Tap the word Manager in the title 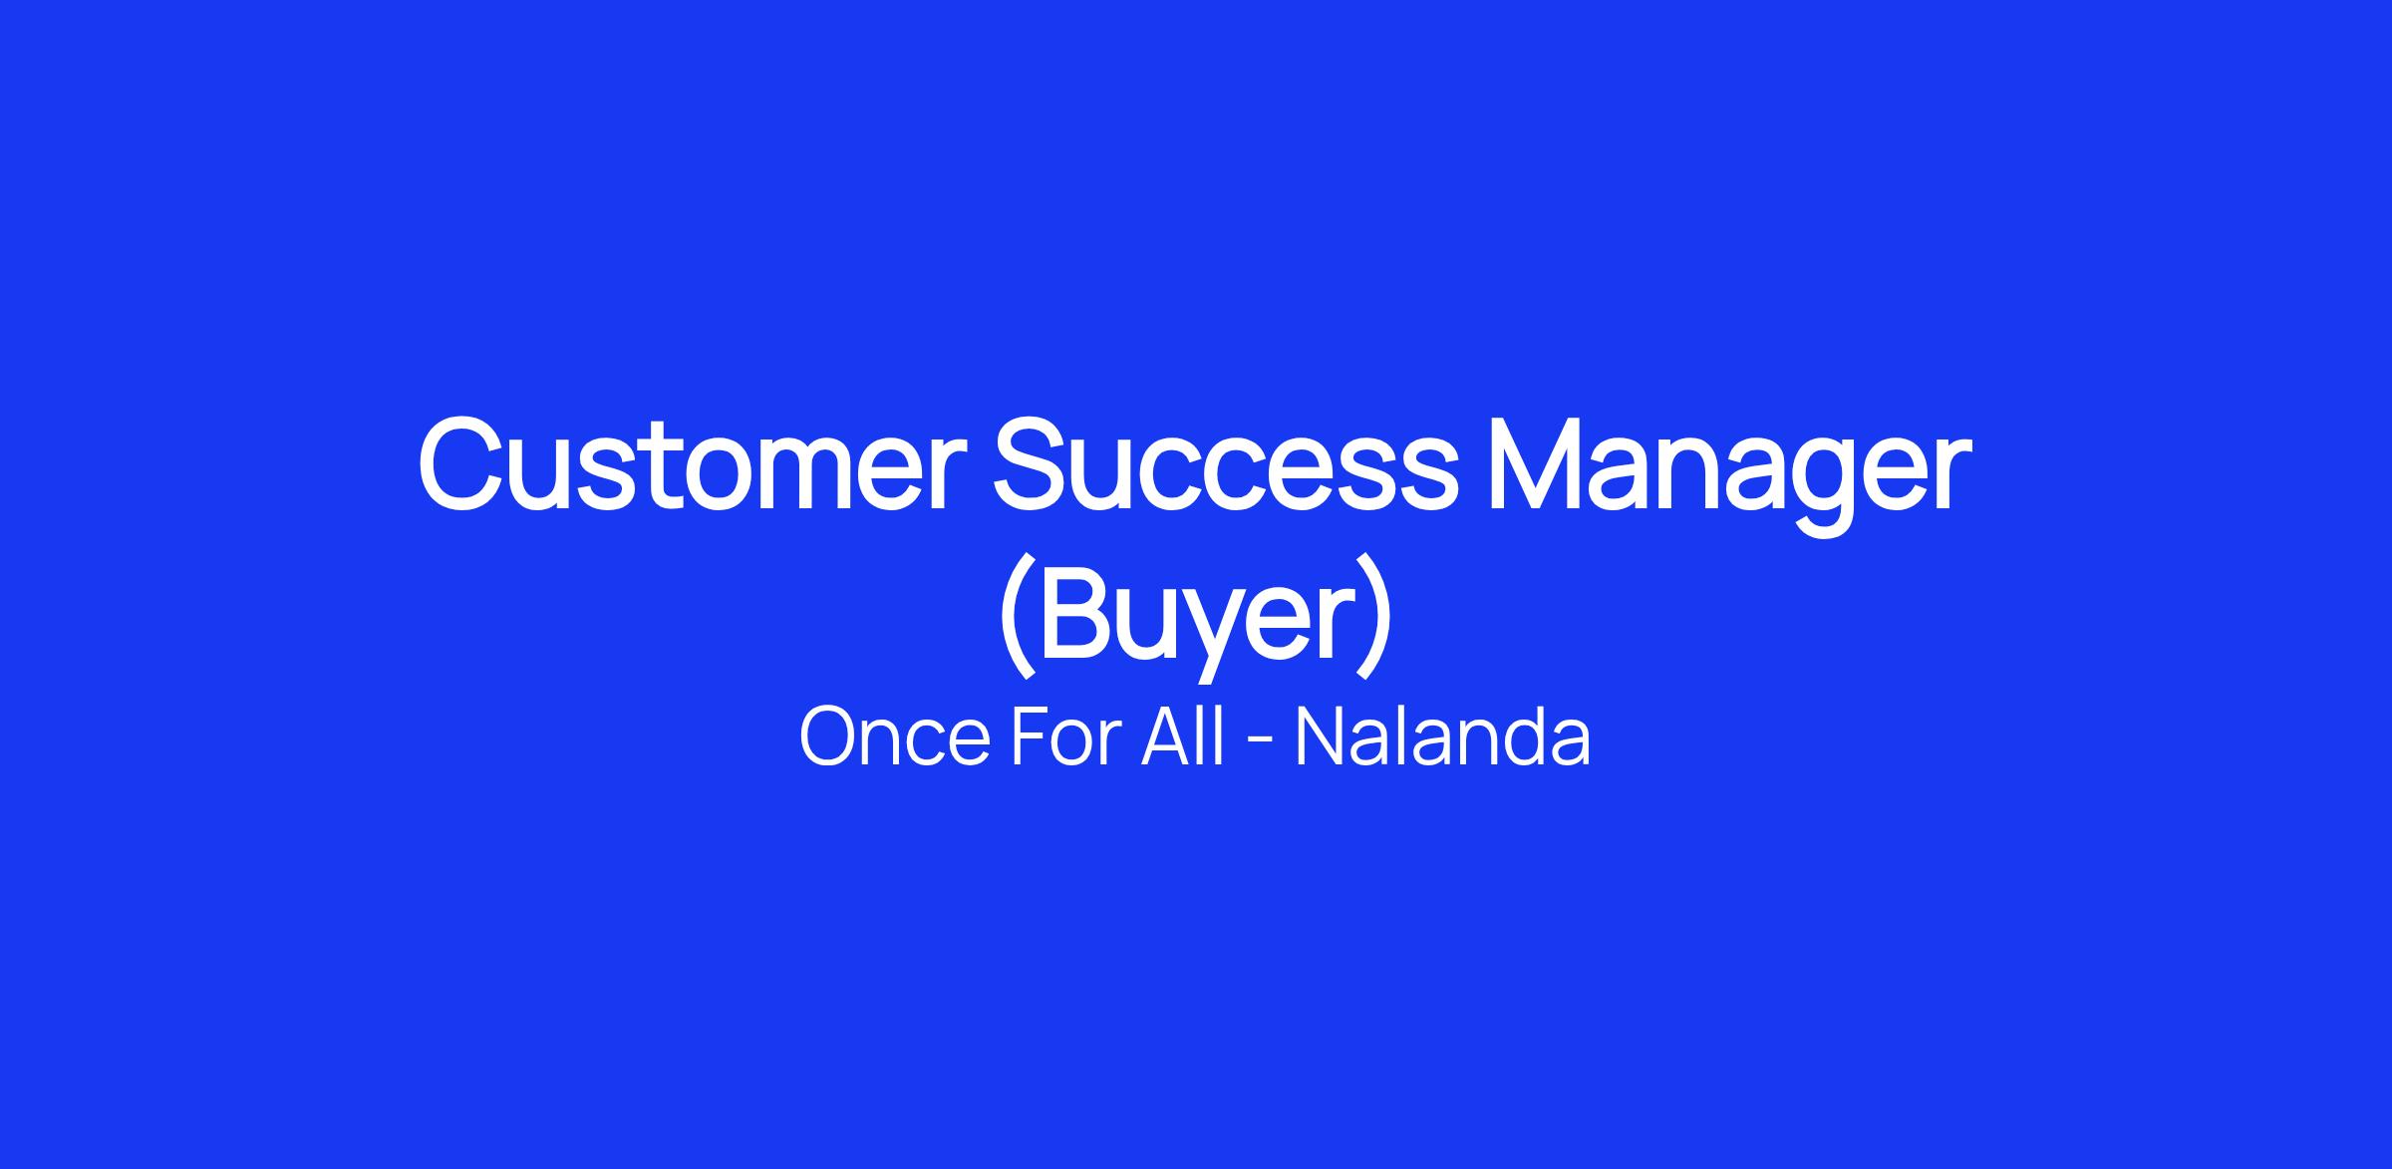pos(1729,476)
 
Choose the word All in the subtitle pos(1182,737)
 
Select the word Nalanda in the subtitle pos(1442,737)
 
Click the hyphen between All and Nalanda pos(1260,742)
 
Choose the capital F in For pos(1032,737)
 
